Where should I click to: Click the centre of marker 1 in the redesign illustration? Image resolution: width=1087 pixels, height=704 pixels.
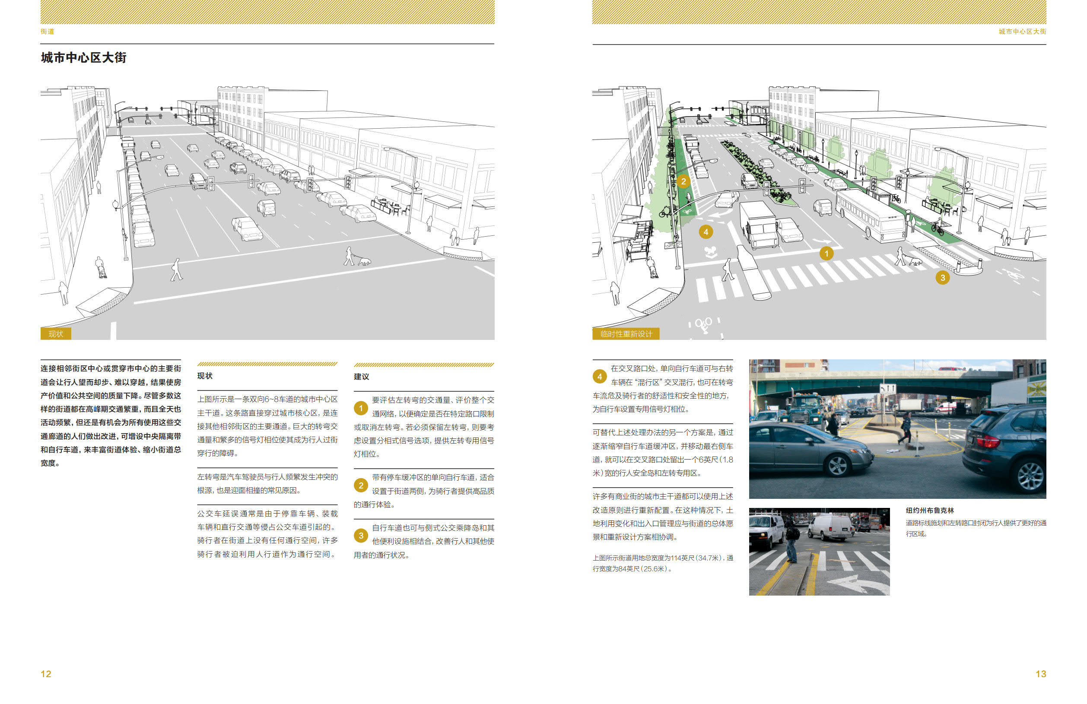(826, 254)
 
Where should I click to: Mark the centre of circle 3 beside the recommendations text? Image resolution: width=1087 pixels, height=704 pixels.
(361, 536)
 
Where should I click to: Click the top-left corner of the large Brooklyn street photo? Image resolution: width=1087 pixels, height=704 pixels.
(749, 359)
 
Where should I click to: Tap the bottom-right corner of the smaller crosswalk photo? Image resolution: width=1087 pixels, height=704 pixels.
(890, 595)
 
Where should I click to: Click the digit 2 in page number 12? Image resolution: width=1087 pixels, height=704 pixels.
(48, 674)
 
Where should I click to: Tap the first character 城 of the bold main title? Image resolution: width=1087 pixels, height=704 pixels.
(47, 57)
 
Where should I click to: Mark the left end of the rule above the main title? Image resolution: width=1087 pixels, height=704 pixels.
(41, 44)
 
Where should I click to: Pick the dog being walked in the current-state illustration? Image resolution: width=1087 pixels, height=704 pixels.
(364, 261)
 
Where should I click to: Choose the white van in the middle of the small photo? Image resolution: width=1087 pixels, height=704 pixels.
(831, 527)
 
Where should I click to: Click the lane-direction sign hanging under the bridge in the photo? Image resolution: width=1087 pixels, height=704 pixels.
(887, 389)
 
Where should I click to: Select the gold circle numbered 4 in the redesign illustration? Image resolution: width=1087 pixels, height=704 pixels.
(706, 232)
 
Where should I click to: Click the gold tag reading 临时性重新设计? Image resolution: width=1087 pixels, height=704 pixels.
(626, 334)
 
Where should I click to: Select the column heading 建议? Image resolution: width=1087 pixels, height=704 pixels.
(361, 377)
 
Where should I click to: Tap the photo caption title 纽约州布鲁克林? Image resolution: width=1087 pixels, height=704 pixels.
(930, 511)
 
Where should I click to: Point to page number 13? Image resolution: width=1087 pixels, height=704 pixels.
(1041, 674)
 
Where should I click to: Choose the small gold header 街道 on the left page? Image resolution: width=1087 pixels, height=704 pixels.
(48, 32)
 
